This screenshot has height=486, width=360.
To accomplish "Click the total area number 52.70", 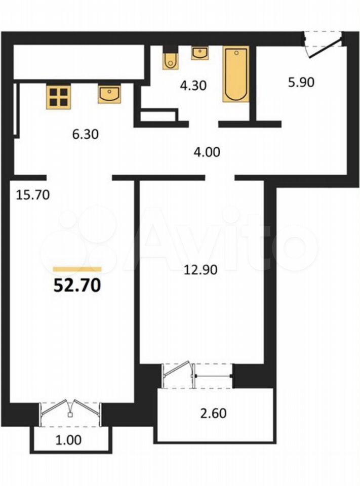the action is (x=77, y=285).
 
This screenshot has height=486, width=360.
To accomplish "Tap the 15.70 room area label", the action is (x=33, y=195).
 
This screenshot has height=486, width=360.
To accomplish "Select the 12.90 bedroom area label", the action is (x=201, y=270).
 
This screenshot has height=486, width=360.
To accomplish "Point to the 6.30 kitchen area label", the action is (x=85, y=134).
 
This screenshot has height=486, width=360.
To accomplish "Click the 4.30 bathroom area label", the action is (x=193, y=85).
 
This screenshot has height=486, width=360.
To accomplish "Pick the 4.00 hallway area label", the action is (x=207, y=152).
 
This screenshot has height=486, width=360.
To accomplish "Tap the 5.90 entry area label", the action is (x=301, y=82).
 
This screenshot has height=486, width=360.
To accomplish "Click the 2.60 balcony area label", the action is (x=213, y=413).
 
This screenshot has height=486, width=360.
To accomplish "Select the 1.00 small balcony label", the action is (x=68, y=439).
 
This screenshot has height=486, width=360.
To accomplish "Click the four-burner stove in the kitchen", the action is (x=59, y=97).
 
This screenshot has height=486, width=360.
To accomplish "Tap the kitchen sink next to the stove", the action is (x=109, y=94).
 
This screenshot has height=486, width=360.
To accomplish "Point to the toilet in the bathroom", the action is (x=171, y=59).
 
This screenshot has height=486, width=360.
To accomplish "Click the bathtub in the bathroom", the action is (x=236, y=74).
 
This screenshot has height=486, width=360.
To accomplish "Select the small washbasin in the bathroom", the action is (x=200, y=53).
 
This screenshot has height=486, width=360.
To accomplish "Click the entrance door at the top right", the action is (x=324, y=44).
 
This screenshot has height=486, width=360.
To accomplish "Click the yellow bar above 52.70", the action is (x=77, y=269).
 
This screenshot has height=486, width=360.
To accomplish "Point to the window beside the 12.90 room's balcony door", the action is (x=214, y=376).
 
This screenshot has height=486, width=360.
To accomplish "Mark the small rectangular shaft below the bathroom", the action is (x=158, y=116).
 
